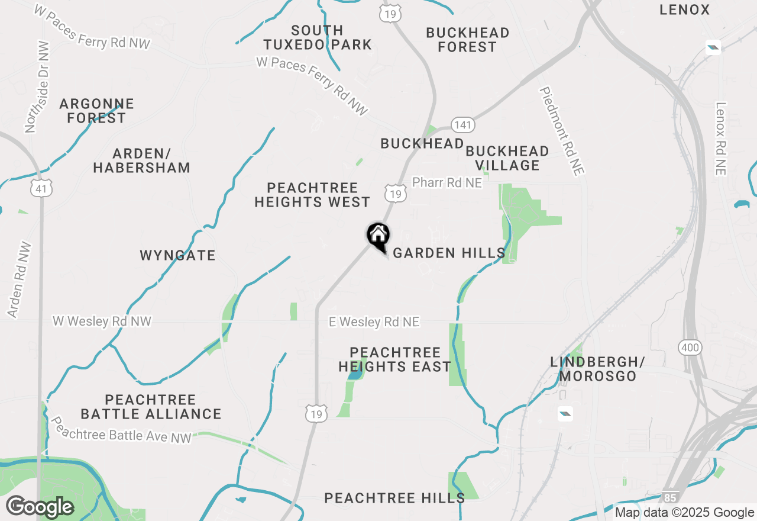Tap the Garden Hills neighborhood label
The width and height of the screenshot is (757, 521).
click(449, 253)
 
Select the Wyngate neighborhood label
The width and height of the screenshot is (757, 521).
click(177, 256)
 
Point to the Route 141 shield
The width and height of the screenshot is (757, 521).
click(462, 125)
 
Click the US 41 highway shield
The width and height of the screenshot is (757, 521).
click(41, 188)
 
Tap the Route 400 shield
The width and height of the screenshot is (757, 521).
click(690, 348)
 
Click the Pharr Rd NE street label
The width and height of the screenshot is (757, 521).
click(447, 183)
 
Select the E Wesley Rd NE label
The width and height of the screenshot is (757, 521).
click(374, 322)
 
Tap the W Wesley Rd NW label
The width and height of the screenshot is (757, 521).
click(102, 321)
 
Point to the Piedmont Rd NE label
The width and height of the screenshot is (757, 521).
click(561, 131)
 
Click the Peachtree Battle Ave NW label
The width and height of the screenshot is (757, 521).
click(121, 430)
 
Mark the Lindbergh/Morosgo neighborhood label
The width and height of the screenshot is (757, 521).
click(598, 369)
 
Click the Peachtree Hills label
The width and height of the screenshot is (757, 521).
click(394, 498)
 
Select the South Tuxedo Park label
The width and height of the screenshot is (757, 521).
click(318, 37)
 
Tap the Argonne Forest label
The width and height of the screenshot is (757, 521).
click(97, 111)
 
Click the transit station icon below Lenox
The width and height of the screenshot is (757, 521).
click(713, 47)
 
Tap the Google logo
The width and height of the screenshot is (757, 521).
click(40, 507)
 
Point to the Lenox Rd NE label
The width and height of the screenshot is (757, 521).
click(720, 139)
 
